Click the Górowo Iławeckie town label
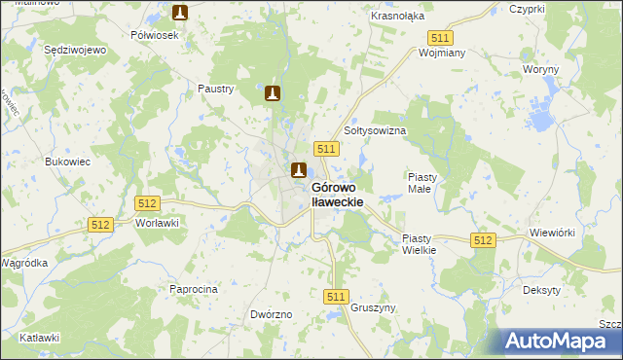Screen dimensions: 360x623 tap(337, 194)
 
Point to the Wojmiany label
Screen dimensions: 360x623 tap(442, 54)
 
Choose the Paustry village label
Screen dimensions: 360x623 tap(216, 89)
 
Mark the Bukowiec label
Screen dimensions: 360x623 tap(68, 162)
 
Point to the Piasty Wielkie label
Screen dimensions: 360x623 tap(422, 243)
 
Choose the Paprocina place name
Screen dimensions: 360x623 tap(194, 289)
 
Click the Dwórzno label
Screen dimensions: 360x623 tap(272, 315)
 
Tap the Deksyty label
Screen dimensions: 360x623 tap(540, 291)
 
